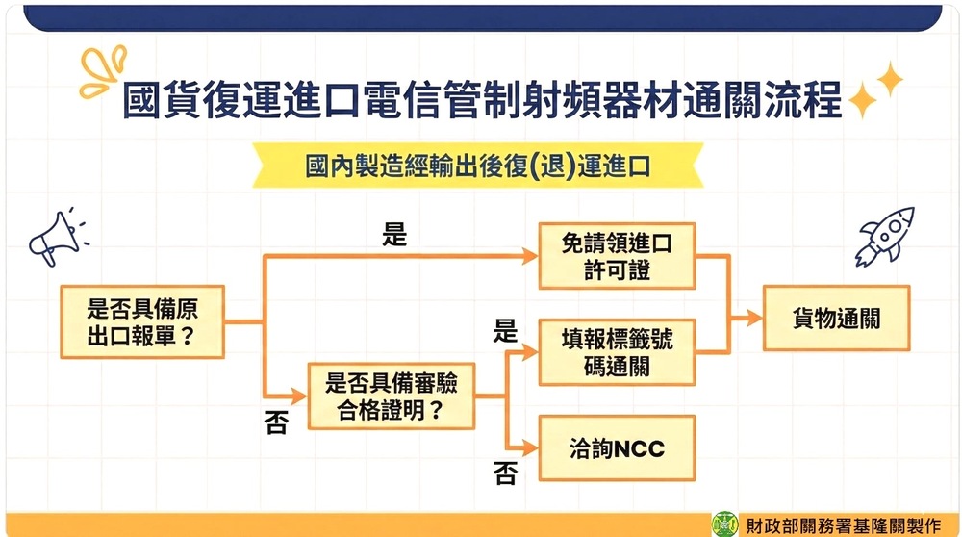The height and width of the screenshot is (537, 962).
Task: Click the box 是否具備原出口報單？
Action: click(x=142, y=321)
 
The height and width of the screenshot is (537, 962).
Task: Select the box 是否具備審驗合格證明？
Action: click(x=392, y=396)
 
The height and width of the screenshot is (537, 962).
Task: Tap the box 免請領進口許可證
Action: click(x=617, y=256)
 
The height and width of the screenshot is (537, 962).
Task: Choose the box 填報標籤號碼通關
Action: click(x=617, y=352)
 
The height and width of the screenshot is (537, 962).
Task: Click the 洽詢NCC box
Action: click(x=617, y=448)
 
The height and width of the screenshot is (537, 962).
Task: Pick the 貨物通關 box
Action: click(x=836, y=318)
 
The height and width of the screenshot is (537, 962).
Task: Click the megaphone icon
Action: click(x=58, y=237)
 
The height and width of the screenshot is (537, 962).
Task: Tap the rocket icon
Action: click(x=885, y=237)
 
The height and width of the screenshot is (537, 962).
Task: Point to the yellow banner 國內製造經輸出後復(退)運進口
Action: click(x=478, y=166)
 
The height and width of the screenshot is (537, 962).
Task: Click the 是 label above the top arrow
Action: click(x=394, y=235)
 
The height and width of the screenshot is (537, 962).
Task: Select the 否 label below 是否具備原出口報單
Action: click(x=276, y=422)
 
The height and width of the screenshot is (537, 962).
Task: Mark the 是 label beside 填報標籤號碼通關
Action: click(x=505, y=331)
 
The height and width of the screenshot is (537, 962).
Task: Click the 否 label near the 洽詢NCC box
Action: click(x=505, y=473)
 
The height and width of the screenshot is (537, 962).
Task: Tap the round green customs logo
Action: click(x=724, y=524)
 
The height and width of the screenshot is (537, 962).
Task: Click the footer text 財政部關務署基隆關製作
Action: click(x=843, y=526)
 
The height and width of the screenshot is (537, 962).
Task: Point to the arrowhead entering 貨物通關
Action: click(x=754, y=318)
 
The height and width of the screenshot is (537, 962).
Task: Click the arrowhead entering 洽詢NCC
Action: click(x=530, y=448)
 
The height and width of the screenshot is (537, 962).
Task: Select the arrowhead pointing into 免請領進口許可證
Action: click(x=530, y=256)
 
